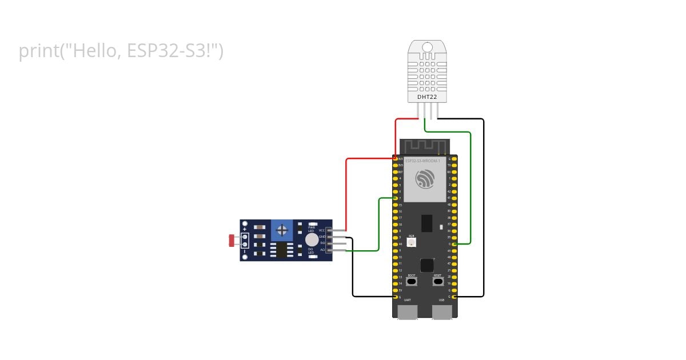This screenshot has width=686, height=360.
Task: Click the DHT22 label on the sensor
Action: (x=427, y=97)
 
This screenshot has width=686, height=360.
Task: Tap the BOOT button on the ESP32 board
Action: (x=412, y=281)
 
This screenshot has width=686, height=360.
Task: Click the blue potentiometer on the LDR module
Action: (x=281, y=230)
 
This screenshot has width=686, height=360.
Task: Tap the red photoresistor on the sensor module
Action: (x=233, y=241)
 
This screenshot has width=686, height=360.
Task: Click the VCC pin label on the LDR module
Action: (x=321, y=230)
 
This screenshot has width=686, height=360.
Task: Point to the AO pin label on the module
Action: (x=322, y=250)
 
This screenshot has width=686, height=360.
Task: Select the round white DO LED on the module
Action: (x=311, y=239)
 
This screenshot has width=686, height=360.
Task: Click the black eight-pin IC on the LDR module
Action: (x=281, y=250)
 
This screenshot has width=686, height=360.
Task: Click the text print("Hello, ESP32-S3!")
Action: (x=121, y=51)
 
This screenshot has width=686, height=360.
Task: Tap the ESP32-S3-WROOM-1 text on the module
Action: (x=422, y=161)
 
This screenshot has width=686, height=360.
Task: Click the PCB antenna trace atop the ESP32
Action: (x=424, y=146)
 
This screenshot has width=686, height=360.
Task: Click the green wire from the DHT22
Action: (x=470, y=189)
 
